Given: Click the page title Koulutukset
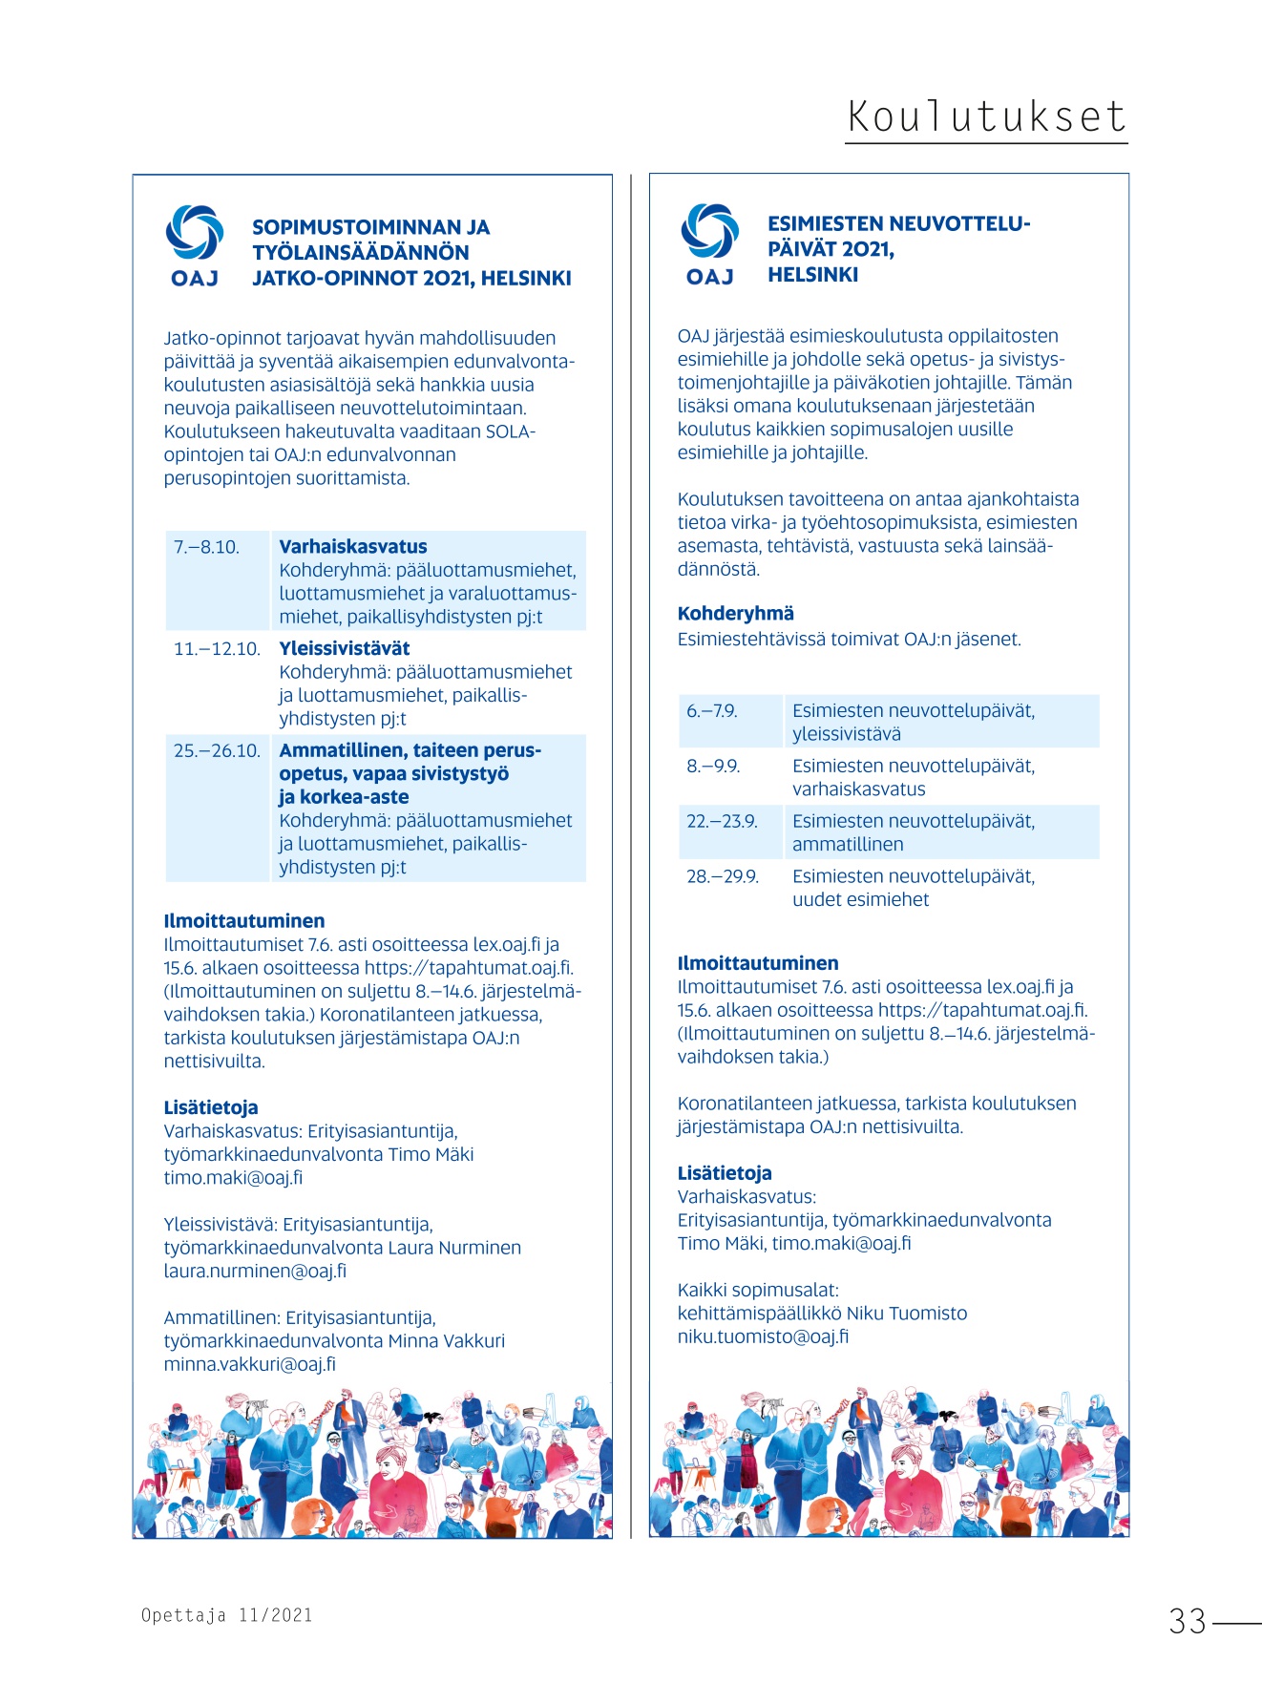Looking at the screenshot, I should pyautogui.click(x=986, y=116).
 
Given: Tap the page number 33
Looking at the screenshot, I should pyautogui.click(x=1188, y=1621).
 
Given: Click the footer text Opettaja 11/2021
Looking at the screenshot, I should pyautogui.click(x=227, y=1615).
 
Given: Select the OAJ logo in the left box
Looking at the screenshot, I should pyautogui.click(x=195, y=245).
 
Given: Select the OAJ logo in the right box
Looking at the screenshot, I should pyautogui.click(x=709, y=244).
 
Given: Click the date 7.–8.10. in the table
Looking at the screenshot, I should pyautogui.click(x=206, y=547).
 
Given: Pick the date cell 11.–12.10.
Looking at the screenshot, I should pyautogui.click(x=217, y=649).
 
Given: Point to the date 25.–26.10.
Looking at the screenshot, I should pyautogui.click(x=217, y=750).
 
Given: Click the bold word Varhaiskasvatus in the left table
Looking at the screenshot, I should pyautogui.click(x=352, y=547).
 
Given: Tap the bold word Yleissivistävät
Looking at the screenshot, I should pyautogui.click(x=344, y=648).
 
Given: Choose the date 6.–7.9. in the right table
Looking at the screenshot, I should pyautogui.click(x=711, y=711).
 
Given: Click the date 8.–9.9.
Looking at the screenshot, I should pyautogui.click(x=713, y=767).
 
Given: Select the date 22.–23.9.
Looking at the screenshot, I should pyautogui.click(x=722, y=821).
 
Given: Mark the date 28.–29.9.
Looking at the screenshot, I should pyautogui.click(x=723, y=876).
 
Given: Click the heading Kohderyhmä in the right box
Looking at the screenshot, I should pyautogui.click(x=735, y=614).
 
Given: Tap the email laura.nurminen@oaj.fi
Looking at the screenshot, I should pyautogui.click(x=255, y=1271).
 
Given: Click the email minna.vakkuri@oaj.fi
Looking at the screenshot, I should pyautogui.click(x=249, y=1364).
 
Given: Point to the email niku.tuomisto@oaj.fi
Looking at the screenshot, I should pyautogui.click(x=763, y=1336).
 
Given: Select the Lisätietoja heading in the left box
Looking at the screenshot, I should pyautogui.click(x=211, y=1107).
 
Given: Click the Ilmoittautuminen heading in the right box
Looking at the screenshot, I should pyautogui.click(x=758, y=963).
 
